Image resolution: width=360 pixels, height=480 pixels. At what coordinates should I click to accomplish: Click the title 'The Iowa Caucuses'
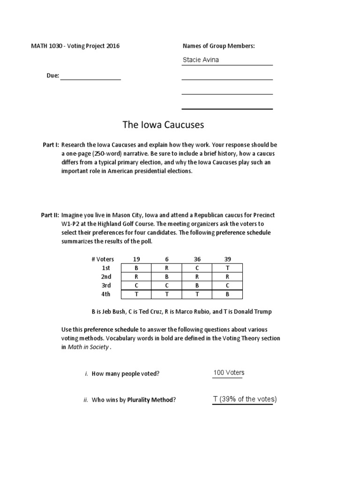(163, 125)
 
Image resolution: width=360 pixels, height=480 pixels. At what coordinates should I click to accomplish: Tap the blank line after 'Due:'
(90, 75)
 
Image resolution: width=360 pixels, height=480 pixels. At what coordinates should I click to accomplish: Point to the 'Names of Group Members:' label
(218, 45)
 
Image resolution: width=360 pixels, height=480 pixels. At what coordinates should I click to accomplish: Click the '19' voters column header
(136, 259)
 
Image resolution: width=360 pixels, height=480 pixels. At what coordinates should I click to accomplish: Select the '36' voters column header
(197, 259)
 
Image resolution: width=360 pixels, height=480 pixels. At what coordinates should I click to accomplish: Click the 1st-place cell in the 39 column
(227, 268)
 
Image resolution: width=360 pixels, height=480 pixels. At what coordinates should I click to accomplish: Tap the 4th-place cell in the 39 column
(227, 294)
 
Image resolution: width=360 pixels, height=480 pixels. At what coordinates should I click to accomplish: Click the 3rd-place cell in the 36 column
(197, 285)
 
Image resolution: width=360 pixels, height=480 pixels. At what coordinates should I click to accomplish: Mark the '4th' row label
(106, 294)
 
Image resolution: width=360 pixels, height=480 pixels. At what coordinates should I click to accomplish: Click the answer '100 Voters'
(229, 373)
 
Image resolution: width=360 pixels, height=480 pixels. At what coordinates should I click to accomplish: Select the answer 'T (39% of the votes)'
(244, 399)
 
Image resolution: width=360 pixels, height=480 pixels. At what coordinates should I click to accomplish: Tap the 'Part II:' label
(50, 215)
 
